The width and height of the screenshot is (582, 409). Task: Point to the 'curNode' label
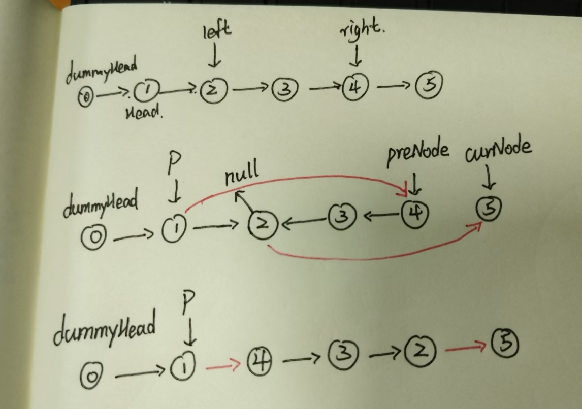coord(498,148)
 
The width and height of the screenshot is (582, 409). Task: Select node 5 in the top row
coord(430,85)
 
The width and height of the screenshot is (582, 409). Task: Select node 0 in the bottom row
coord(92,376)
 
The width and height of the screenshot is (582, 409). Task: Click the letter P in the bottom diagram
coord(188,304)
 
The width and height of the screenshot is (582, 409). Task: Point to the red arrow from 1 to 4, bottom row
coord(222,365)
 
